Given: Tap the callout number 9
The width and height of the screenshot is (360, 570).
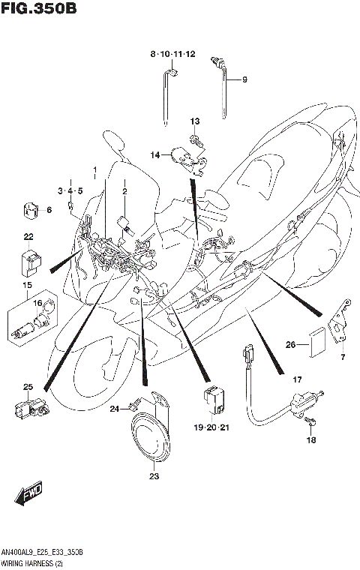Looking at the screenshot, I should point(244,79).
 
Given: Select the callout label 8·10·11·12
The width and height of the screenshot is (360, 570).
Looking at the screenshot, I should point(172,54).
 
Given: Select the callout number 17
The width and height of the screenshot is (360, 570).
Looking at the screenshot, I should point(297,380).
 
